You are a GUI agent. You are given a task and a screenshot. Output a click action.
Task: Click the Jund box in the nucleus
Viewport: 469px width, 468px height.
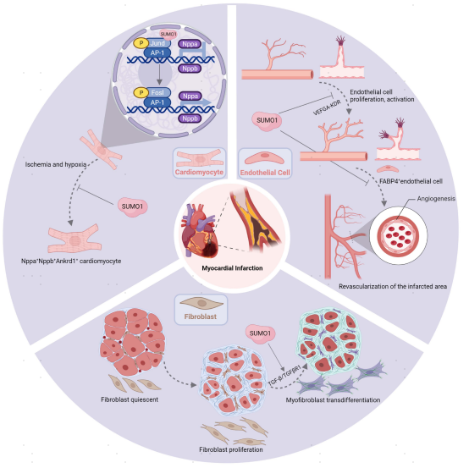tap(157, 43)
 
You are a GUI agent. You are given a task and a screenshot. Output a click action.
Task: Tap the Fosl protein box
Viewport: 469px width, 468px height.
tap(157, 93)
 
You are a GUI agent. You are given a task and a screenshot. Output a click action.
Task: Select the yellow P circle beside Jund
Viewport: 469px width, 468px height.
tap(141, 43)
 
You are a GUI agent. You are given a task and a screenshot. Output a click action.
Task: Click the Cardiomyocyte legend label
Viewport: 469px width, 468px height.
tap(199, 172)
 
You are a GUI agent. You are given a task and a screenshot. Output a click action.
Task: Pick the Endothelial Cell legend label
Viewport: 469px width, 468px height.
tap(265, 173)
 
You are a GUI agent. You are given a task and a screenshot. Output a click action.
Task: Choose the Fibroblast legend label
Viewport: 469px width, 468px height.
tap(201, 317)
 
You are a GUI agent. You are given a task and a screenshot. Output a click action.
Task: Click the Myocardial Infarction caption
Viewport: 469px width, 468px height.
tap(232, 268)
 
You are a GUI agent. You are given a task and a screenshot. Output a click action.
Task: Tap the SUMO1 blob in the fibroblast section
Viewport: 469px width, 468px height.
tap(260, 333)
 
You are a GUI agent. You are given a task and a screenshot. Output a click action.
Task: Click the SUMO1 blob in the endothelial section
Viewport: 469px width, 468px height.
tap(268, 120)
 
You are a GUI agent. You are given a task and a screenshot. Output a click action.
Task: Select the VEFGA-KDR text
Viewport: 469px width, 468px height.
tap(327, 108)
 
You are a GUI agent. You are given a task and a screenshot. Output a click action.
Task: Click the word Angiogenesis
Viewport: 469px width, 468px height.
tap(436, 199)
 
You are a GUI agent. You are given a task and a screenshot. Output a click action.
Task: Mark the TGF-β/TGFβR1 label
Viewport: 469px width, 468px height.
tap(284, 375)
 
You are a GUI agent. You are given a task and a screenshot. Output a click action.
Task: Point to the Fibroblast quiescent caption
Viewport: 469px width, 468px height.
tap(130, 399)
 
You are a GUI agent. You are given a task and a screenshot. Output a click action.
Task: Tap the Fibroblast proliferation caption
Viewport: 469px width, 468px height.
tap(231, 449)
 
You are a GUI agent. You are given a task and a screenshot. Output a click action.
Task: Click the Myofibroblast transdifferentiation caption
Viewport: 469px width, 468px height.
tap(333, 400)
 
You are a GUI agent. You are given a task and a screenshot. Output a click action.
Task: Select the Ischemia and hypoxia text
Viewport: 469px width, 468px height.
tap(56, 164)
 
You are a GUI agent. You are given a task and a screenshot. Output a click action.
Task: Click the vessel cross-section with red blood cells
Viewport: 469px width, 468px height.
tap(398, 235)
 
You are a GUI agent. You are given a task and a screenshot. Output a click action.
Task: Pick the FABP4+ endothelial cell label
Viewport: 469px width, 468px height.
tap(411, 181)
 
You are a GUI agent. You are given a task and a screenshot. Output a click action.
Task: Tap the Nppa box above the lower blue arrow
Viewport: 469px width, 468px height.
tap(190, 96)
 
